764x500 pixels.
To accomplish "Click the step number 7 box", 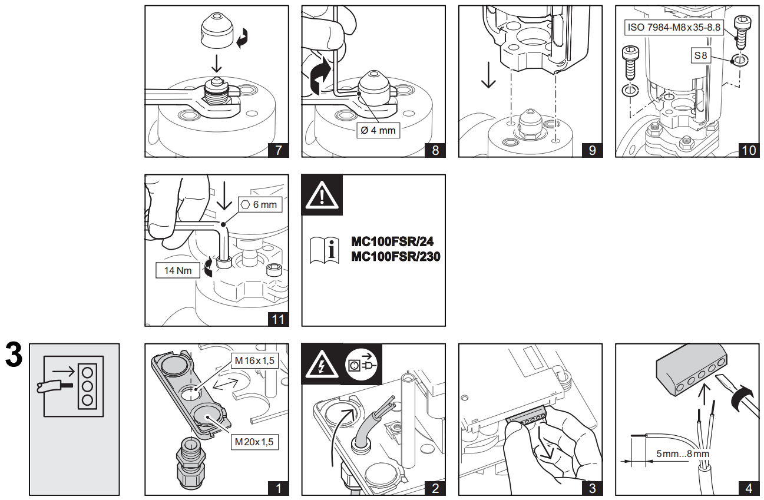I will [278, 150].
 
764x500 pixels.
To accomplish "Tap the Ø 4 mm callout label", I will [378, 130].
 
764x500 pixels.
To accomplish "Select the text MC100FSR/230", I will [395, 256].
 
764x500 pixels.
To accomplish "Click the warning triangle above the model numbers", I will [322, 194].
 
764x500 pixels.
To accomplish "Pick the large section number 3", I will [14, 355].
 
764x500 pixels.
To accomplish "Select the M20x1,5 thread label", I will [254, 441].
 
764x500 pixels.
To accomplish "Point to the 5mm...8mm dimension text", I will [682, 454].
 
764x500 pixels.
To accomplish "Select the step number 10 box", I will [749, 150].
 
